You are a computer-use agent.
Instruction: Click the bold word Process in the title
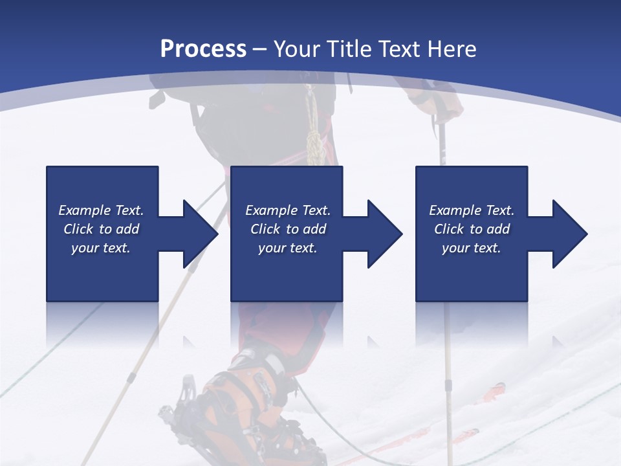(x=203, y=49)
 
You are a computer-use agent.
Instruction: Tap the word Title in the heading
(x=350, y=49)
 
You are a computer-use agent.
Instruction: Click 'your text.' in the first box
(x=101, y=248)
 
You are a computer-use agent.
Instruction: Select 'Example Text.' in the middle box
(x=288, y=210)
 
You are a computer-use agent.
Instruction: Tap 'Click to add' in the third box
(x=472, y=229)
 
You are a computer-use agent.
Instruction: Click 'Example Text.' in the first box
(x=101, y=210)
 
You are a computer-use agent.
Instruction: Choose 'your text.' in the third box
(x=472, y=248)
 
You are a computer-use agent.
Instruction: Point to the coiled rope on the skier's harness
(x=314, y=136)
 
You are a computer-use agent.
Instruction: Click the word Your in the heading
(x=297, y=49)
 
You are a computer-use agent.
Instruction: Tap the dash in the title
(x=260, y=49)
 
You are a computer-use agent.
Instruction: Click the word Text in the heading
(x=398, y=49)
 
